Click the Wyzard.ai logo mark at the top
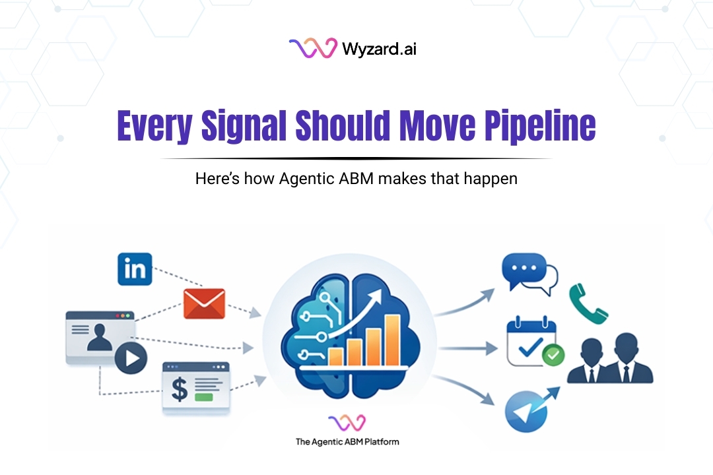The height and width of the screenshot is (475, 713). (x=313, y=48)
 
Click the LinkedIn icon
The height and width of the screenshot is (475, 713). (x=135, y=269)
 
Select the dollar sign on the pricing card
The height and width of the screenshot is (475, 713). (x=180, y=389)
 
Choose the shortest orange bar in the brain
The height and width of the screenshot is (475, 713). (x=335, y=356)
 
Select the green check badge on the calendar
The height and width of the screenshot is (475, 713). (x=553, y=356)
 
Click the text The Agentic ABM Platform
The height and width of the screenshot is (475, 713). (x=347, y=441)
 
